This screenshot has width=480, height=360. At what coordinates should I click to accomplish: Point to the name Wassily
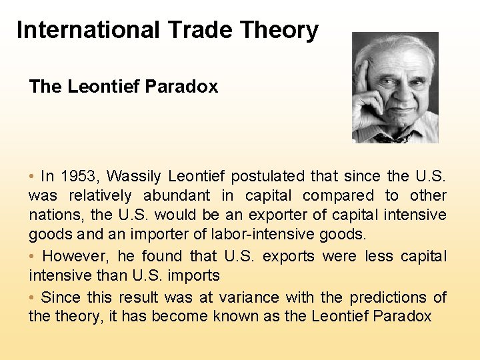tap(133, 177)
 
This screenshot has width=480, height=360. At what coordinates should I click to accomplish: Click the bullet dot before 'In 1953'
tap(32, 177)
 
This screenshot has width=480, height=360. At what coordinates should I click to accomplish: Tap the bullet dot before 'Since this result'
tap(32, 297)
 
